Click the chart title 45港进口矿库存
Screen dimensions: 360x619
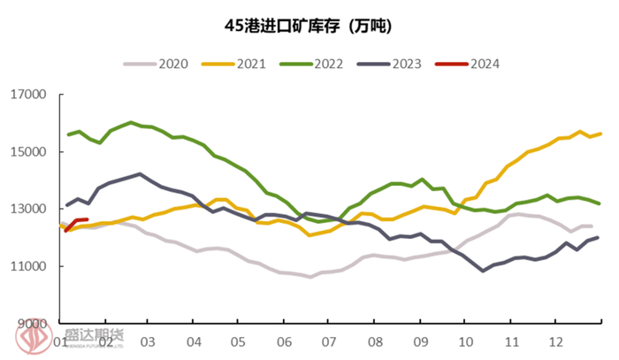click(x=309, y=27)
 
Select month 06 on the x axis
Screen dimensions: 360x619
click(x=284, y=341)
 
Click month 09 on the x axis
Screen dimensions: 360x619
click(x=420, y=341)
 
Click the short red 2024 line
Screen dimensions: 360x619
click(x=76, y=220)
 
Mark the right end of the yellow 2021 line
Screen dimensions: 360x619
click(x=601, y=134)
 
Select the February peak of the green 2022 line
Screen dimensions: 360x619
click(x=131, y=122)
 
